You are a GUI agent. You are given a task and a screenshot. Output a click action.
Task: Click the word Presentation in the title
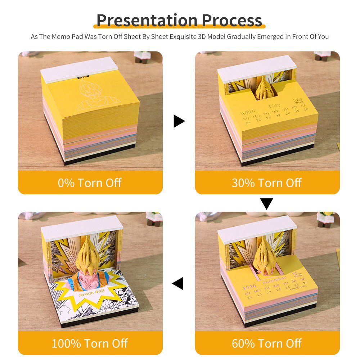point(147,20)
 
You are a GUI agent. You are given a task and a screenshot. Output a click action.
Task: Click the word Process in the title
point(232,20)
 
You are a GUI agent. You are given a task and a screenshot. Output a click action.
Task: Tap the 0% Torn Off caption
point(90,183)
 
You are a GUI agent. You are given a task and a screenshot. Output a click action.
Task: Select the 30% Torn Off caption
point(267,183)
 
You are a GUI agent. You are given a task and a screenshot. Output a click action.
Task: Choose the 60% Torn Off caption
point(267,343)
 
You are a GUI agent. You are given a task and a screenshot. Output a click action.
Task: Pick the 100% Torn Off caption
point(90,343)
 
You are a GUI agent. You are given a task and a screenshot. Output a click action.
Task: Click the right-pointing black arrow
point(179,121)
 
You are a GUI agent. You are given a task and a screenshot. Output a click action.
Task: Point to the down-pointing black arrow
point(267,204)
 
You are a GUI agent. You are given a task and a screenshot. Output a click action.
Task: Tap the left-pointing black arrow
point(178,283)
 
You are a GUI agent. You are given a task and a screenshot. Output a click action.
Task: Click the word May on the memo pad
point(275,106)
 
